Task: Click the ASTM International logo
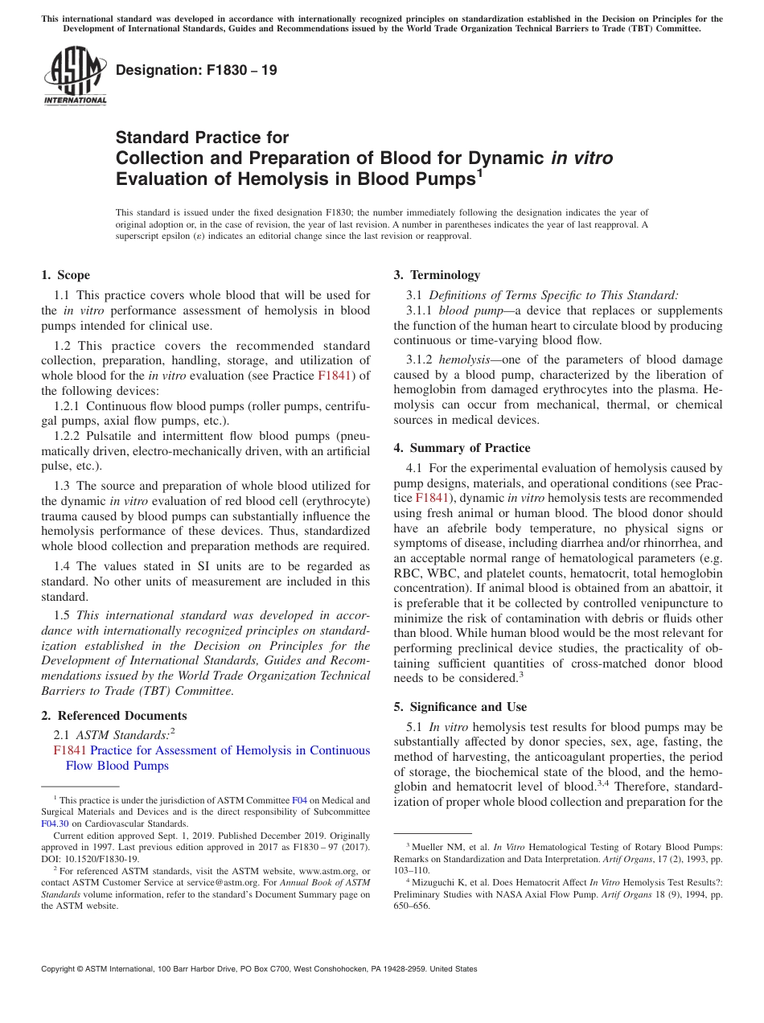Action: (x=74, y=77)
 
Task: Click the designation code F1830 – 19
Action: (x=196, y=70)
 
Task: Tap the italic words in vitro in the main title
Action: (x=581, y=158)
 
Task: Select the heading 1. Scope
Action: (x=66, y=275)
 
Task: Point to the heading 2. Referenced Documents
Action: (x=114, y=716)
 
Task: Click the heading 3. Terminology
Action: (x=437, y=275)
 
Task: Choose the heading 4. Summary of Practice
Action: (x=462, y=448)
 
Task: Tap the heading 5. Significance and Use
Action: (x=460, y=707)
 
